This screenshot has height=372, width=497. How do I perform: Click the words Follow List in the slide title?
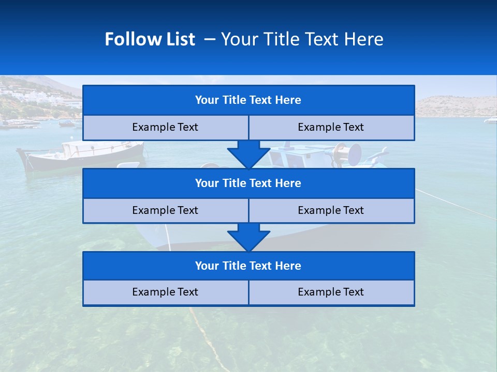click(x=150, y=39)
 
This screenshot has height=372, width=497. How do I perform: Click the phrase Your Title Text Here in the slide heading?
click(x=302, y=39)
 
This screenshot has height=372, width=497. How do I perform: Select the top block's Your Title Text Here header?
click(x=248, y=100)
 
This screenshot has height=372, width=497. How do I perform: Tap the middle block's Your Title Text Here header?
click(x=248, y=183)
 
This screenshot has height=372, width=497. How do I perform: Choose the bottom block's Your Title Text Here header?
click(x=248, y=266)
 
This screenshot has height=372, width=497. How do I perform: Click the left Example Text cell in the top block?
click(x=165, y=127)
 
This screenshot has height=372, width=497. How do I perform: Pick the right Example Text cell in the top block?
click(x=331, y=127)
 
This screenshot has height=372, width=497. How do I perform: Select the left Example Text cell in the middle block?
click(x=165, y=210)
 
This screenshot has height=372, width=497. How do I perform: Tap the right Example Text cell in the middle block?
click(x=331, y=210)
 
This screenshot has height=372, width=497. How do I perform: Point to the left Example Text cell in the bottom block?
click(x=165, y=292)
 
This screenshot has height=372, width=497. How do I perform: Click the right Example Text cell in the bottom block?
click(x=331, y=292)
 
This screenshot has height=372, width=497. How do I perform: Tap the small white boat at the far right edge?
click(x=490, y=120)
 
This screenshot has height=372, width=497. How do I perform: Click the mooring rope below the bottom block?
click(x=207, y=336)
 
